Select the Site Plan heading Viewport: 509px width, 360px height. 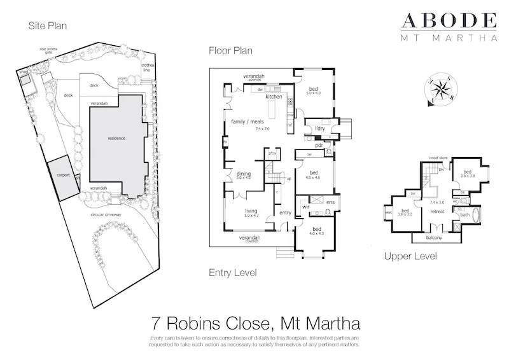(x=48, y=26)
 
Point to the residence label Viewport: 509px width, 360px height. (x=116, y=138)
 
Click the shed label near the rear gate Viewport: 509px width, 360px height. (x=24, y=73)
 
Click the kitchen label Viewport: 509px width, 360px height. (x=274, y=97)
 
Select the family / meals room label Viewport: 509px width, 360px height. (x=245, y=121)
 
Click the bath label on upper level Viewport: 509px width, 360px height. (x=464, y=214)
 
